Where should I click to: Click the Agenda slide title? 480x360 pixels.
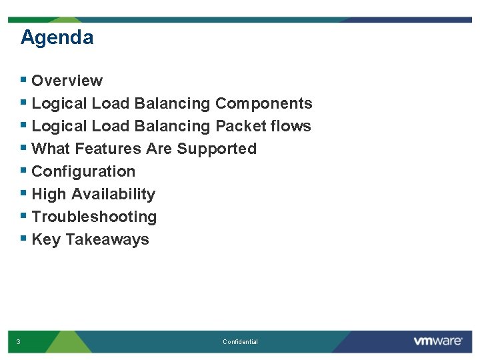tap(57, 37)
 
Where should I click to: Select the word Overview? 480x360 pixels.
tap(67, 81)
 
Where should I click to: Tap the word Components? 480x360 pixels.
tap(263, 103)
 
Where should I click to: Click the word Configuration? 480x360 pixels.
tap(83, 171)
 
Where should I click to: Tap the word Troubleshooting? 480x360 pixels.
tap(94, 217)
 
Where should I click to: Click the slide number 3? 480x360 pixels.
tap(18, 342)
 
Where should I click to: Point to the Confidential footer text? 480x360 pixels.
tap(240, 342)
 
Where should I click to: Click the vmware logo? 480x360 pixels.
tap(437, 341)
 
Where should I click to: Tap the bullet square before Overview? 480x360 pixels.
tap(24, 80)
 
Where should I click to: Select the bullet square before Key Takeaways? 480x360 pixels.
tap(24, 239)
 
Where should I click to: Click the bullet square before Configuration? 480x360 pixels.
tap(24, 171)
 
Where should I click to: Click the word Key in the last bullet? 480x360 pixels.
tap(46, 239)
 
